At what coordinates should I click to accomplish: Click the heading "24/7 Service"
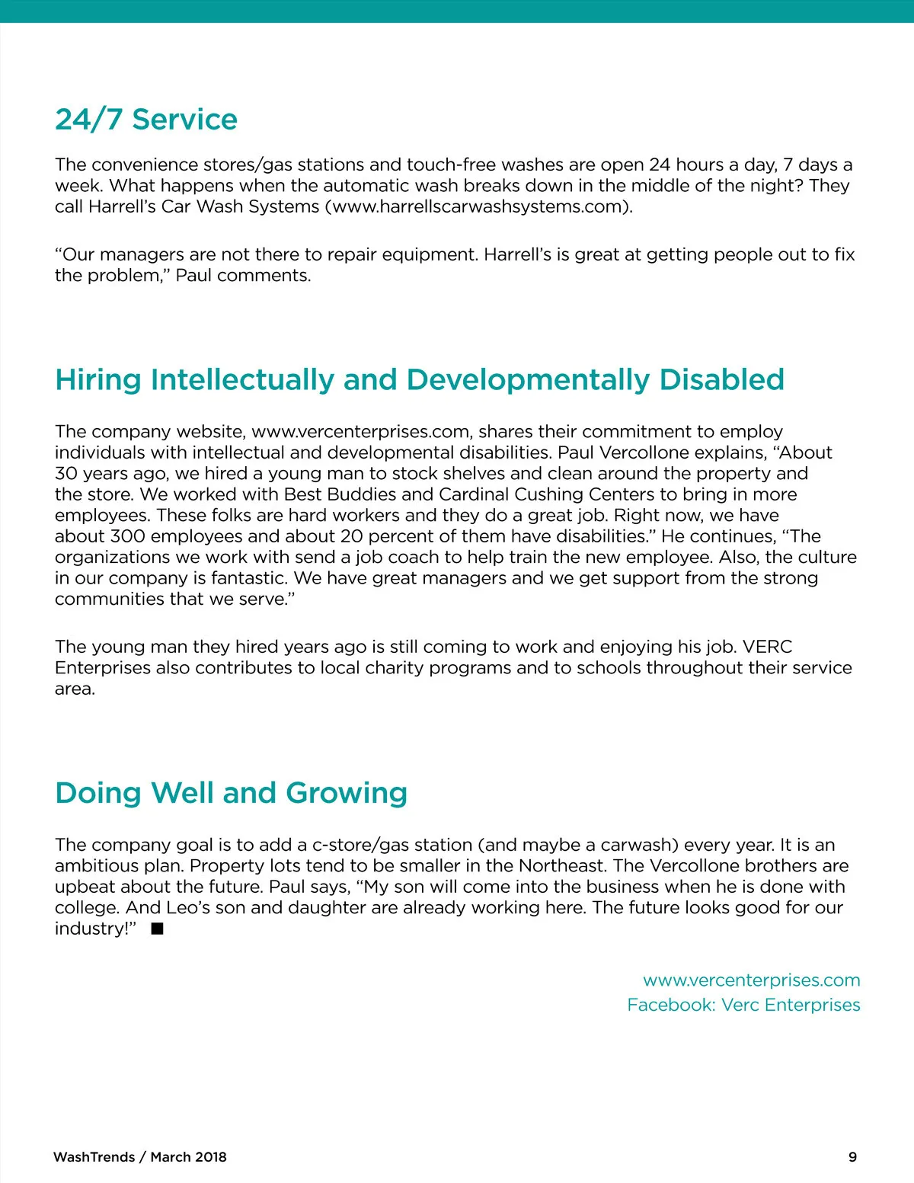(x=146, y=120)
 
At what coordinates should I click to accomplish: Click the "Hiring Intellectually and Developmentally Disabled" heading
(x=419, y=379)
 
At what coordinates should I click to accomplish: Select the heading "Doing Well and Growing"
(x=231, y=793)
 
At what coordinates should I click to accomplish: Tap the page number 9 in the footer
(x=852, y=1157)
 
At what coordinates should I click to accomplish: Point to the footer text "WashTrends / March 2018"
(x=140, y=1157)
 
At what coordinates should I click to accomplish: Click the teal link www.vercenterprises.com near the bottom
(x=751, y=980)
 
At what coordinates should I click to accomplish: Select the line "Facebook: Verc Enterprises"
(x=743, y=1005)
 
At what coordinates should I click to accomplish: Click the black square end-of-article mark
(x=158, y=929)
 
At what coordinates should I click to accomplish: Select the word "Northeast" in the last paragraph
(x=562, y=866)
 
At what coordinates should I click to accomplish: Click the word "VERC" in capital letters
(x=768, y=647)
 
